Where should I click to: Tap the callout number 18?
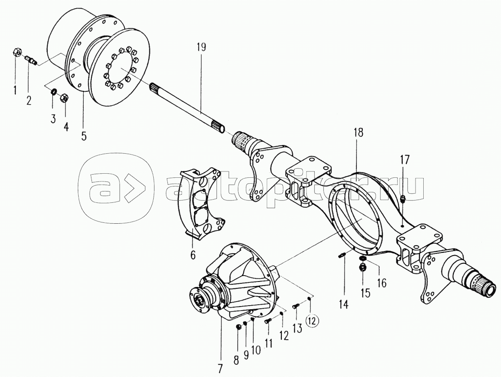point(358,133)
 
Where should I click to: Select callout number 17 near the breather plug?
point(404,160)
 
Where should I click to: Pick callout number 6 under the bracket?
point(193,256)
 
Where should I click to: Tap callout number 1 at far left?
point(15,90)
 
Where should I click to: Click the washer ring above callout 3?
point(53,93)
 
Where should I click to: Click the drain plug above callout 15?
point(363,266)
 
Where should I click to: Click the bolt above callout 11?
point(267,321)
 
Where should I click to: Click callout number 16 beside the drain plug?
point(381,283)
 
